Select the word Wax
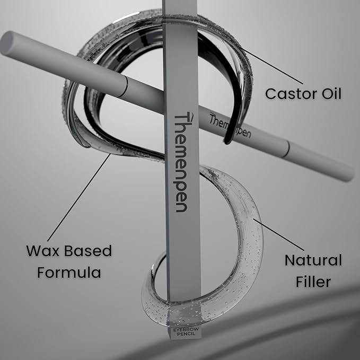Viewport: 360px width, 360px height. coord(43,251)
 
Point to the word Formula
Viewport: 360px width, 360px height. coord(69,273)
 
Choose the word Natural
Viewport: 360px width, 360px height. coord(313,260)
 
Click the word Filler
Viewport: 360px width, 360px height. coord(313,282)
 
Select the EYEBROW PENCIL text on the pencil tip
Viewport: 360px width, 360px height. coord(186,331)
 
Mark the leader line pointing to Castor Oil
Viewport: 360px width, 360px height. coord(272,66)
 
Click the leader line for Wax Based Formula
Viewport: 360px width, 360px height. coord(79,197)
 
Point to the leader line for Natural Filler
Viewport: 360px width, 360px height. coord(279,235)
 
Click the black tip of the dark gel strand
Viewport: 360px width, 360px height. coord(227,140)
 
